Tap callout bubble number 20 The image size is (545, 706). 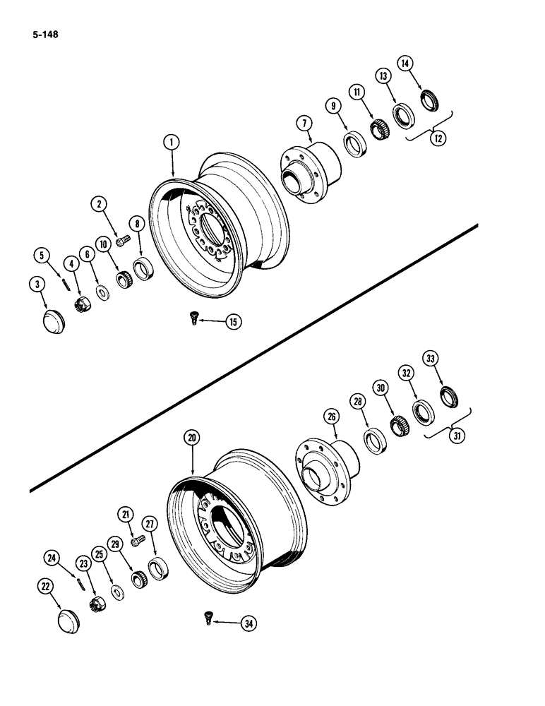[x=190, y=438]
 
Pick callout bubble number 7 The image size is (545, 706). [x=304, y=124]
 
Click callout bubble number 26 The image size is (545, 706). [x=330, y=417]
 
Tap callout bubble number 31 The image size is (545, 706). [x=458, y=435]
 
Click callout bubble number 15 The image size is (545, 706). [x=233, y=322]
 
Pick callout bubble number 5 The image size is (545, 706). [x=43, y=255]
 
